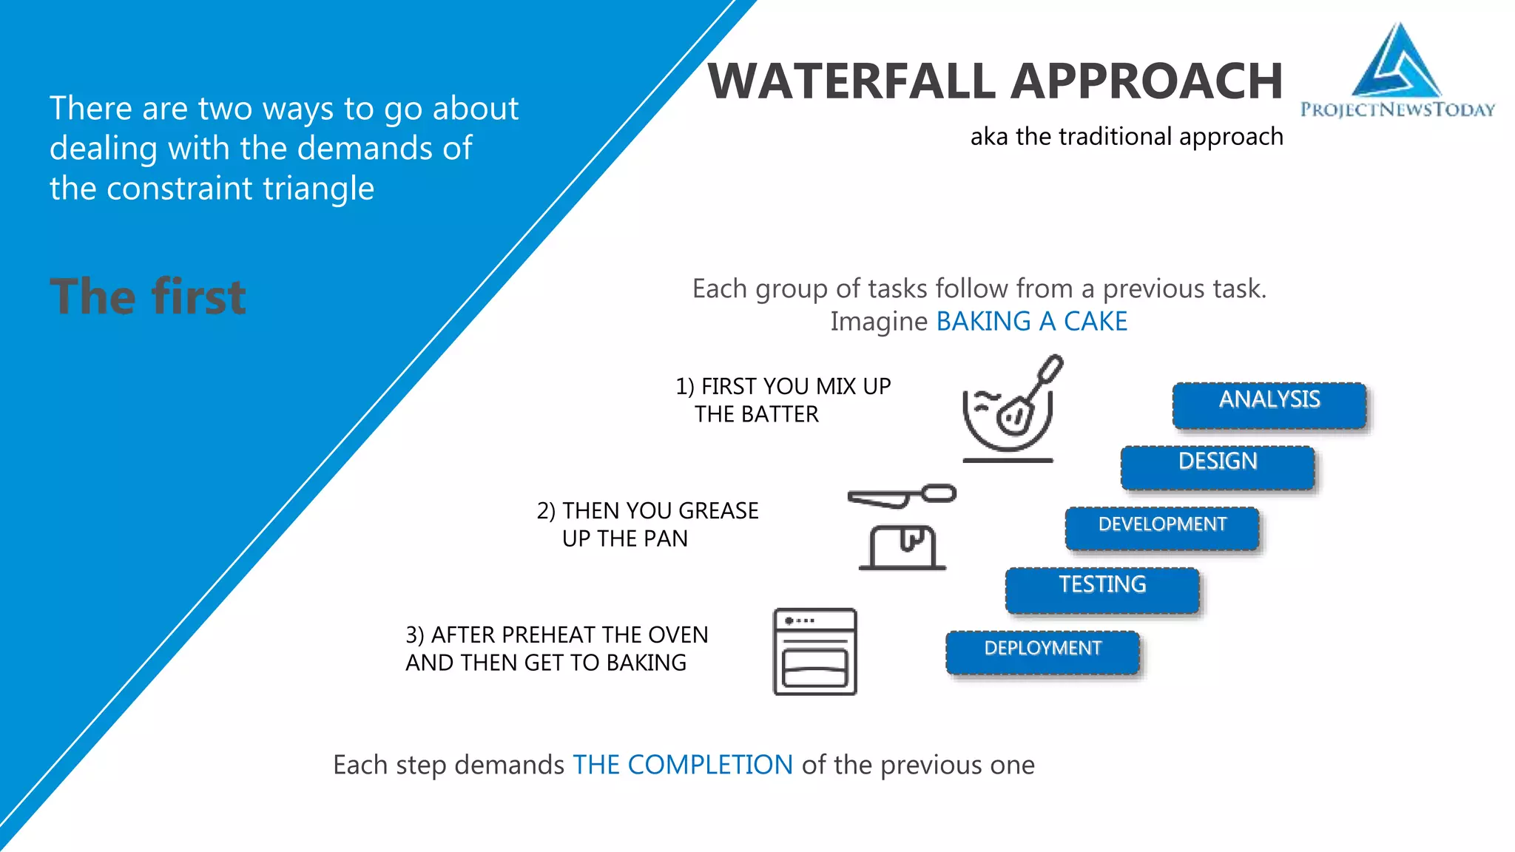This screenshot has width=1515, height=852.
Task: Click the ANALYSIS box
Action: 1269,405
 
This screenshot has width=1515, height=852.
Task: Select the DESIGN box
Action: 1218,467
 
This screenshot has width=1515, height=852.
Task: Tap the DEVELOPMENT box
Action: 1162,528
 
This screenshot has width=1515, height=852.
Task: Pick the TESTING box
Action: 1102,589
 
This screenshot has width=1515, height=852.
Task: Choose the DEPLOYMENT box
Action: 1042,652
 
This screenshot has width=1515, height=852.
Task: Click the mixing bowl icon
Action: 1010,410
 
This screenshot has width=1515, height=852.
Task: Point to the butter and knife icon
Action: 902,527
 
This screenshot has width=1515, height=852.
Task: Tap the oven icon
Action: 814,652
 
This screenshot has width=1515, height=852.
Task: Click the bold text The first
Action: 147,297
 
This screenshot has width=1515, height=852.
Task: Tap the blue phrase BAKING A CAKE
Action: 1031,322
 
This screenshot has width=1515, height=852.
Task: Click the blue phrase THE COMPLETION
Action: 682,765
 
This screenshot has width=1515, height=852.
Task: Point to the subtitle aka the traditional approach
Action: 1126,137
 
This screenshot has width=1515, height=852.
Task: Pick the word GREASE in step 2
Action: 718,511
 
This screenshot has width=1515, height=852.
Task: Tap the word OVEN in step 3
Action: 678,635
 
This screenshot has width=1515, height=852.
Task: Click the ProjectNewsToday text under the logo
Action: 1397,110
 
